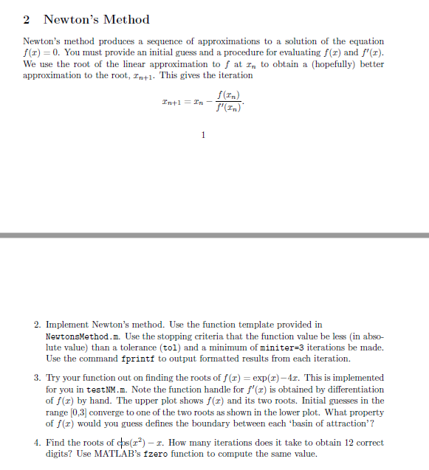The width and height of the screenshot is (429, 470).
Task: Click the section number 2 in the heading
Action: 27,20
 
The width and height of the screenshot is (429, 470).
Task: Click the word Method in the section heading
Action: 125,20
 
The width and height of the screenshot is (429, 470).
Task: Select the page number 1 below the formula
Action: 203,135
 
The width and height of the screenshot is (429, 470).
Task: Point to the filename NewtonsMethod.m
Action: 78,336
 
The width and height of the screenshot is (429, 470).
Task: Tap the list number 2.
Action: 37,324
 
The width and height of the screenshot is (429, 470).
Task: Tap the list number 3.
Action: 37,378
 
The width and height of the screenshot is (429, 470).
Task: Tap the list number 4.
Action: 37,442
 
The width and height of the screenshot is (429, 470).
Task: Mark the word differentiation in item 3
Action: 349,389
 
